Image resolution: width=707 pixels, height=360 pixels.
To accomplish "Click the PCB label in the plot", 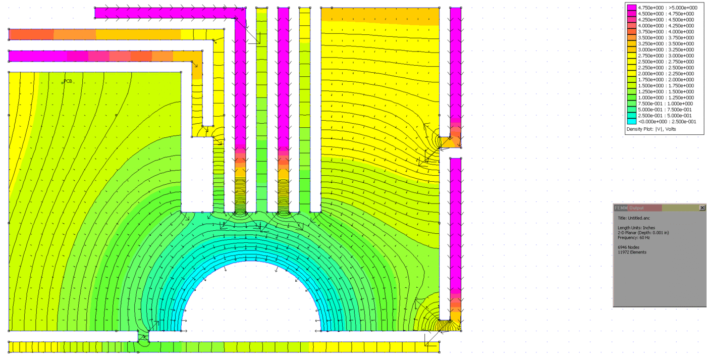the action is tap(68, 81).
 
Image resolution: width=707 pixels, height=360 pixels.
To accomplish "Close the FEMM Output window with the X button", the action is tap(702, 208).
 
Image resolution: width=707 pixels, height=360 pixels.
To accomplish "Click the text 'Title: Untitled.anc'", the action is tap(633, 218).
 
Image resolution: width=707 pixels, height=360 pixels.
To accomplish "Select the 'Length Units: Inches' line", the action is tap(636, 228).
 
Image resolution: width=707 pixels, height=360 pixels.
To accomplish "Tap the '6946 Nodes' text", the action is tap(628, 247).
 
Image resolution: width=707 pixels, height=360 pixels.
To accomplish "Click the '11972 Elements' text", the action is tap(632, 252).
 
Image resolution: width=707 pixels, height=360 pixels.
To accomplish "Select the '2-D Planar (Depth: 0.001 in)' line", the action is tap(643, 233).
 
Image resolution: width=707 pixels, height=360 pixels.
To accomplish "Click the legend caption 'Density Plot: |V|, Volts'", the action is tap(651, 129).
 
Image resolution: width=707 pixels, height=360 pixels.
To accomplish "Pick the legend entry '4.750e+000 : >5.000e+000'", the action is tap(668, 8).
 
